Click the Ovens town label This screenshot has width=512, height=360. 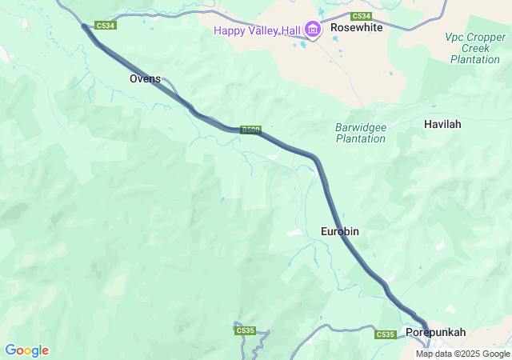[145, 78]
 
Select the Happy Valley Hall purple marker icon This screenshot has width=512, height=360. [312, 31]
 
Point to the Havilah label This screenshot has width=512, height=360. [442, 124]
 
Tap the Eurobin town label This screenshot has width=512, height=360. [339, 231]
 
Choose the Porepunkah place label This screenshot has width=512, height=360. [435, 331]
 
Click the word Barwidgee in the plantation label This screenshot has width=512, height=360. [360, 126]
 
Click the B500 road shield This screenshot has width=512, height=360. [250, 130]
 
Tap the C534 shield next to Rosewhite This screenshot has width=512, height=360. [362, 16]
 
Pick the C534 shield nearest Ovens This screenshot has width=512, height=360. [106, 26]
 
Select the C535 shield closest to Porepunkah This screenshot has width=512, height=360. [385, 334]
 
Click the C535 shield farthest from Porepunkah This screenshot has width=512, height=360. [245, 330]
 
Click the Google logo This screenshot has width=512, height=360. [26, 350]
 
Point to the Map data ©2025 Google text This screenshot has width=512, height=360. [462, 354]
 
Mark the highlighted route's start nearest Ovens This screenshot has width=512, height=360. [83, 26]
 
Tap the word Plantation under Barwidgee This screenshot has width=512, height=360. [360, 138]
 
